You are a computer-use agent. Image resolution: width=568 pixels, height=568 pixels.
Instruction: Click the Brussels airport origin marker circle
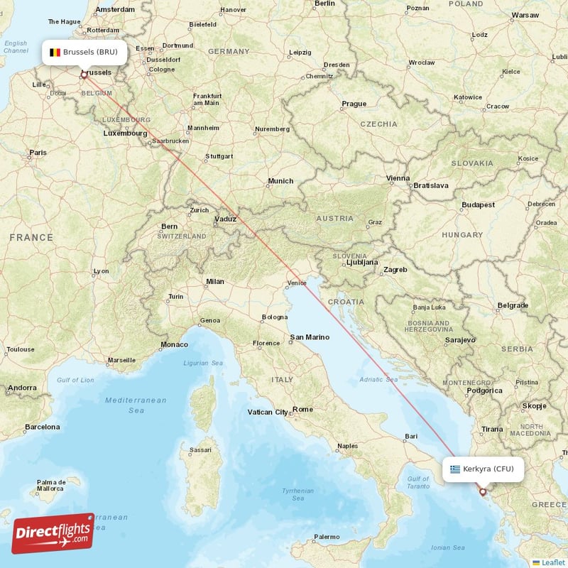(x=84, y=74)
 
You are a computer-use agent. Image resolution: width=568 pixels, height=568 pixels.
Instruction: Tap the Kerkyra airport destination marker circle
(x=483, y=491)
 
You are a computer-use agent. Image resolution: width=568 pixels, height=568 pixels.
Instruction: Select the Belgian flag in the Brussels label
(x=54, y=52)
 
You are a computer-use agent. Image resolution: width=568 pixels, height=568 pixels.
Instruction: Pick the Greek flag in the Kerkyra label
(x=454, y=469)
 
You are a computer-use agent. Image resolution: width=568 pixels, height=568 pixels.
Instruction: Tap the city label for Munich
(x=280, y=181)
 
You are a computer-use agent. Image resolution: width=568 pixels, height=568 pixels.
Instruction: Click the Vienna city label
(x=398, y=178)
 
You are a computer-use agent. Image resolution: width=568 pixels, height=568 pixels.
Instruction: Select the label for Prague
(x=354, y=104)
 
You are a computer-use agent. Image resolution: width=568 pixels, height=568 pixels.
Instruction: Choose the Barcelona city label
(x=43, y=427)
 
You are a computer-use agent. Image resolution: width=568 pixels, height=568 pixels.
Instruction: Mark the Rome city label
(x=303, y=409)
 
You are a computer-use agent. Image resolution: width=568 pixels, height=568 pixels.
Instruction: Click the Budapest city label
(x=478, y=204)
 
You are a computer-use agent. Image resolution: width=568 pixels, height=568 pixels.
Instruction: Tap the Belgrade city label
(x=513, y=305)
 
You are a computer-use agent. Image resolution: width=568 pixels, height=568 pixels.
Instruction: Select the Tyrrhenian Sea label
(x=298, y=494)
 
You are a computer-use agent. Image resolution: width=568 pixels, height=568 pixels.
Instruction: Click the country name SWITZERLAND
(x=181, y=236)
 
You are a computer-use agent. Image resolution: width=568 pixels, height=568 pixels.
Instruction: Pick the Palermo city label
(x=327, y=537)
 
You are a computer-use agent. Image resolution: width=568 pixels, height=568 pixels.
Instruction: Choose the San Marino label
(x=310, y=337)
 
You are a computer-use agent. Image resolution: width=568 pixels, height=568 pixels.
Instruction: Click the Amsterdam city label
(x=115, y=9)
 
